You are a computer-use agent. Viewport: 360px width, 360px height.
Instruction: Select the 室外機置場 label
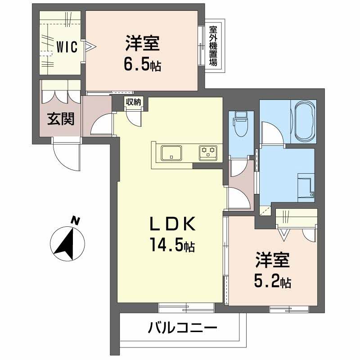tap(213, 45)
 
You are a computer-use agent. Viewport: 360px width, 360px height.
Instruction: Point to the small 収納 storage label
tap(134, 102)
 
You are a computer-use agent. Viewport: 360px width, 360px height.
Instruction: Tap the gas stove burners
tap(208, 152)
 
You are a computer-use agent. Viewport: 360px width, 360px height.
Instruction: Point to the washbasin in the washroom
tap(306, 184)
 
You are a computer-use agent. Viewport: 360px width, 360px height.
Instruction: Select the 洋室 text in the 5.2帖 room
tap(273, 261)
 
